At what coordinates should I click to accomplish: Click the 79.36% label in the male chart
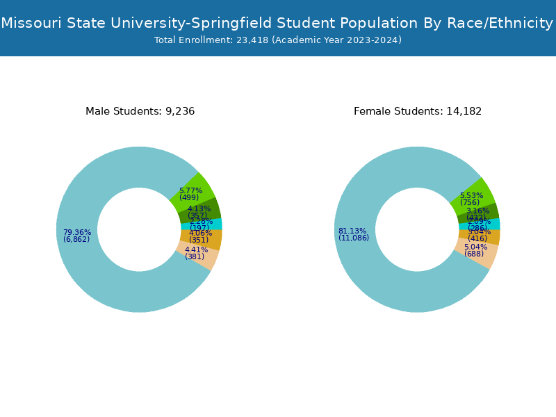(77, 232)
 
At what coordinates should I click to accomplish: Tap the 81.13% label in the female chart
(353, 231)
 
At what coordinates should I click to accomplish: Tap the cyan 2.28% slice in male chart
(215, 224)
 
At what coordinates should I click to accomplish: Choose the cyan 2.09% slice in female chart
(494, 224)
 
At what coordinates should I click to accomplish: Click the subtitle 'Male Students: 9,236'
(140, 111)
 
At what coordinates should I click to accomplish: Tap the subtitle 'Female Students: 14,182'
(418, 111)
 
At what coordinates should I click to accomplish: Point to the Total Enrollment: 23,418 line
(278, 40)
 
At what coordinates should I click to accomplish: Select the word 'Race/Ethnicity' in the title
(499, 24)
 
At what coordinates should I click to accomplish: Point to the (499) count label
(189, 197)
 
